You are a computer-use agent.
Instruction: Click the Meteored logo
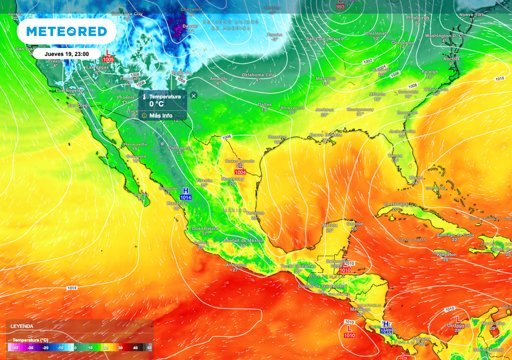(66, 31)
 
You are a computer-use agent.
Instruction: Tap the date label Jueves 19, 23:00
(66, 54)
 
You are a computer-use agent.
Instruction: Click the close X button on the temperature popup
(193, 95)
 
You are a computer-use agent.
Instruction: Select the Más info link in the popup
(160, 115)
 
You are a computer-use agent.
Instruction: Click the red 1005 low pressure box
(108, 59)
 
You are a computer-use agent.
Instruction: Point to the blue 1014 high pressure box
(185, 197)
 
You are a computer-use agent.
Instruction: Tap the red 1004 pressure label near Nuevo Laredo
(240, 172)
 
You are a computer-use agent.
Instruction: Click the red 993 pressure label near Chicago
(340, 6)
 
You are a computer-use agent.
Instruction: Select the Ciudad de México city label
(243, 240)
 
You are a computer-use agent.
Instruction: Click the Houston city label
(277, 136)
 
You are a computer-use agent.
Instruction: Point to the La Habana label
(396, 204)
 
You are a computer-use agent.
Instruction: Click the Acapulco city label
(236, 264)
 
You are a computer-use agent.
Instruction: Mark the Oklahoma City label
(258, 75)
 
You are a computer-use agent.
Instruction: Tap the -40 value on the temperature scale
(16, 347)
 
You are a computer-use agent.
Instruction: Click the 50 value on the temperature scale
(148, 347)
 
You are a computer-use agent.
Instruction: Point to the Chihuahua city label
(179, 148)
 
